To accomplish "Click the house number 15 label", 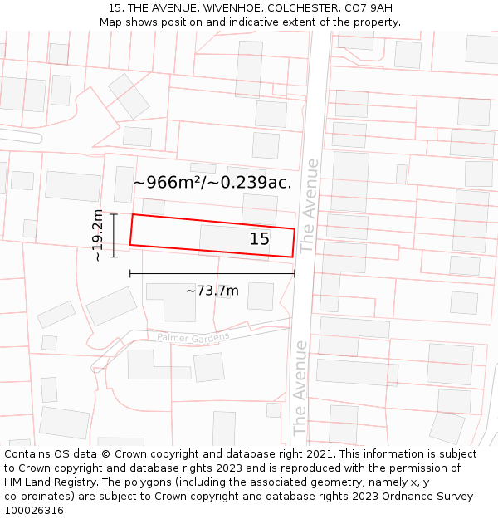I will [259, 239].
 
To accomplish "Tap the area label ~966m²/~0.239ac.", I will [212, 183].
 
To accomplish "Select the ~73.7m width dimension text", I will [212, 291].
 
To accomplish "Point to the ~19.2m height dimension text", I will [97, 235].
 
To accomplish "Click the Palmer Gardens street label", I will [193, 337].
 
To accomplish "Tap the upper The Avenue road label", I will [309, 205].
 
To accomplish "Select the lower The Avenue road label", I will [300, 387].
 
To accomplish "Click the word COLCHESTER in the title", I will [299, 8].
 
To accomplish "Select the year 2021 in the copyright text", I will [319, 454].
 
